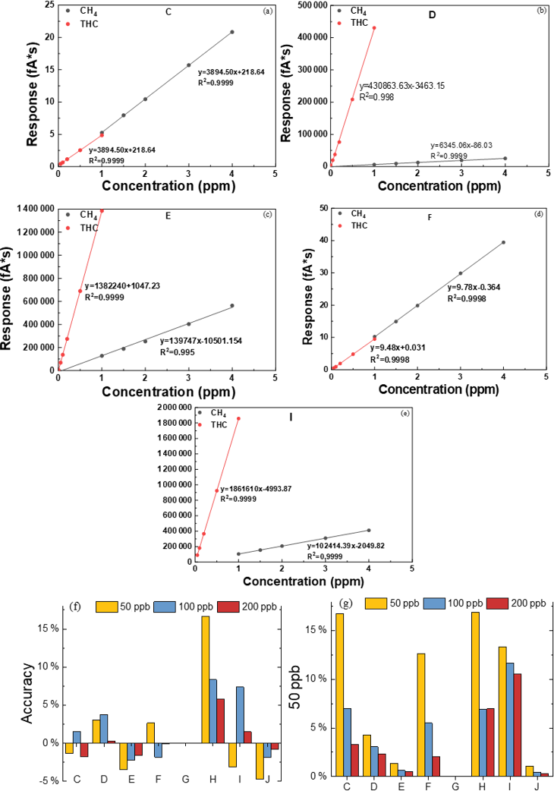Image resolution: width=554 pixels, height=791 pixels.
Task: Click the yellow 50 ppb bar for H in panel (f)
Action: point(205,679)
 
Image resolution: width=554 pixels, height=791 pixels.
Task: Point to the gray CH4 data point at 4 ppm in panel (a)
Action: point(232,32)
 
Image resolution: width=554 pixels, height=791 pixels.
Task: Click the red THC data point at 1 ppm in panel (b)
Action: point(373,28)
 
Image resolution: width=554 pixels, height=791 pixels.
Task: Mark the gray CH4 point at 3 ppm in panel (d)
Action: point(460,273)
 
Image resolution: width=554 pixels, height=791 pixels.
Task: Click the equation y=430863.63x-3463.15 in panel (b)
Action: point(401,86)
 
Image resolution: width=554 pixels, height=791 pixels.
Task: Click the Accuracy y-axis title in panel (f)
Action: point(27,694)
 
